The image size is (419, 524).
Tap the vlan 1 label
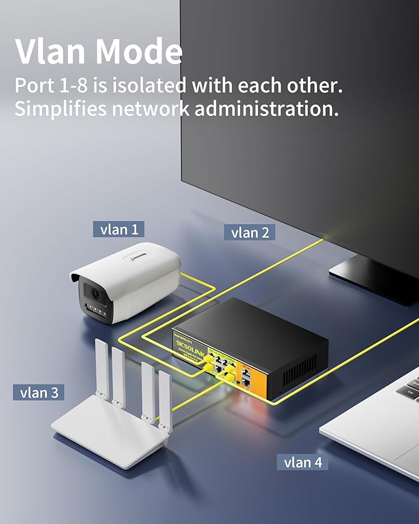(119, 230)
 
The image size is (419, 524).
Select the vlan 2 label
(250, 232)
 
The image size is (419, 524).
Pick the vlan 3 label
(38, 393)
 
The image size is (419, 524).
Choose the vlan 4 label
(302, 462)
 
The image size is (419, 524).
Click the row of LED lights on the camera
(98, 312)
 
